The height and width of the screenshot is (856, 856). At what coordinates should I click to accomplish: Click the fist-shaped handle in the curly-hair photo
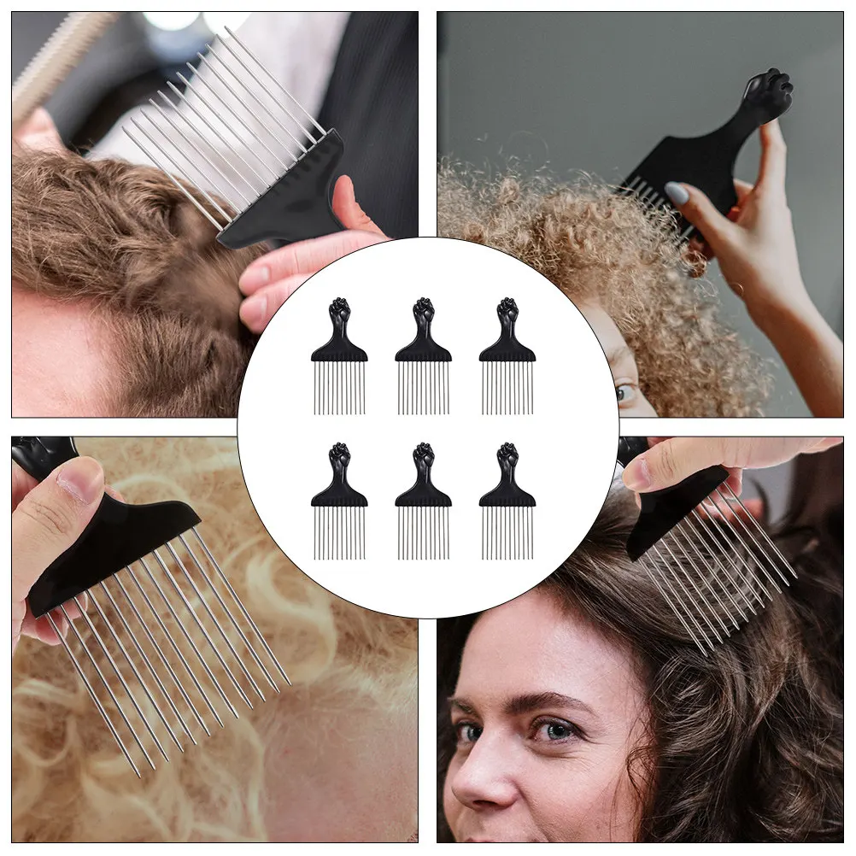[x=768, y=92]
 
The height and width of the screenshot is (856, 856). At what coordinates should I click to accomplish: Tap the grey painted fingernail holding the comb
[x=677, y=194]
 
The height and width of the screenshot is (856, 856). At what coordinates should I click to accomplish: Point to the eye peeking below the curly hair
[x=625, y=393]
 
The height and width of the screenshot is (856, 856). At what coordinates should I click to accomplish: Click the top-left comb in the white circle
[x=339, y=355]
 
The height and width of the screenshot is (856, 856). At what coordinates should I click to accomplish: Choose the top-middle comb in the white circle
[x=424, y=355]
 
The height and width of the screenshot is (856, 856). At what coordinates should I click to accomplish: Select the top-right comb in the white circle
[x=507, y=355]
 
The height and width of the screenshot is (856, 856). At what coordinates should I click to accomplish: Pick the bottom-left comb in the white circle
[x=339, y=501]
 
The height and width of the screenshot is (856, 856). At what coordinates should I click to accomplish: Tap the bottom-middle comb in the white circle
[x=424, y=501]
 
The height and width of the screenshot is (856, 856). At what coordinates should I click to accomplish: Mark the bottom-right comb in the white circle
[x=507, y=501]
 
